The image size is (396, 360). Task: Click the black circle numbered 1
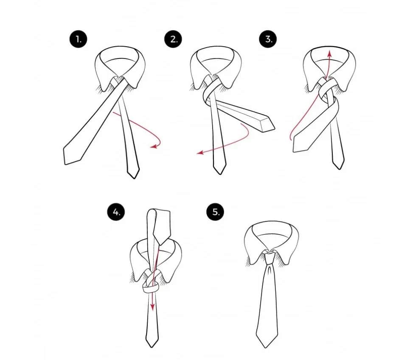78,39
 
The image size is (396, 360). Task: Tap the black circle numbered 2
173,39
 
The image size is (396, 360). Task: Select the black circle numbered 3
268,39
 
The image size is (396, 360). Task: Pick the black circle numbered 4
116,212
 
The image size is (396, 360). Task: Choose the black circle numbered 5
216,212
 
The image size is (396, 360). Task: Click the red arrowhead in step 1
154,146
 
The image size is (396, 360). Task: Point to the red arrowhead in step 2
200,152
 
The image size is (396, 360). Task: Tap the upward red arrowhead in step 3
329,53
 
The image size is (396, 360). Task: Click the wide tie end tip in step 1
65,164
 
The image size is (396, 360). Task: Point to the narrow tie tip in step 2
219,173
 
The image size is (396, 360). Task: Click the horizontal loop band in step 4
151,287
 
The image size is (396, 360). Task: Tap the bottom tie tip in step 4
152,346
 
